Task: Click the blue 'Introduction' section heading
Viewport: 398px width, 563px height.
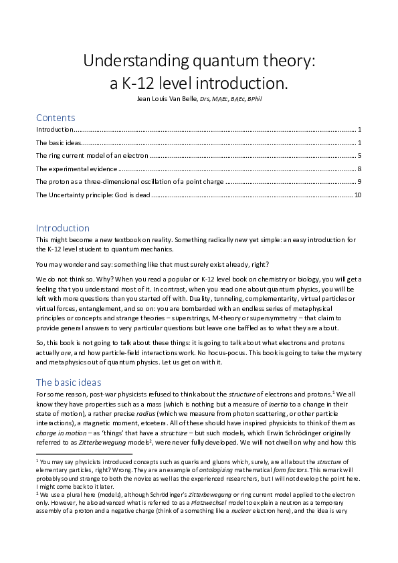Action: point(63,228)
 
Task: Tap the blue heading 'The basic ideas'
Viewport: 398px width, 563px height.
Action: point(69,382)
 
